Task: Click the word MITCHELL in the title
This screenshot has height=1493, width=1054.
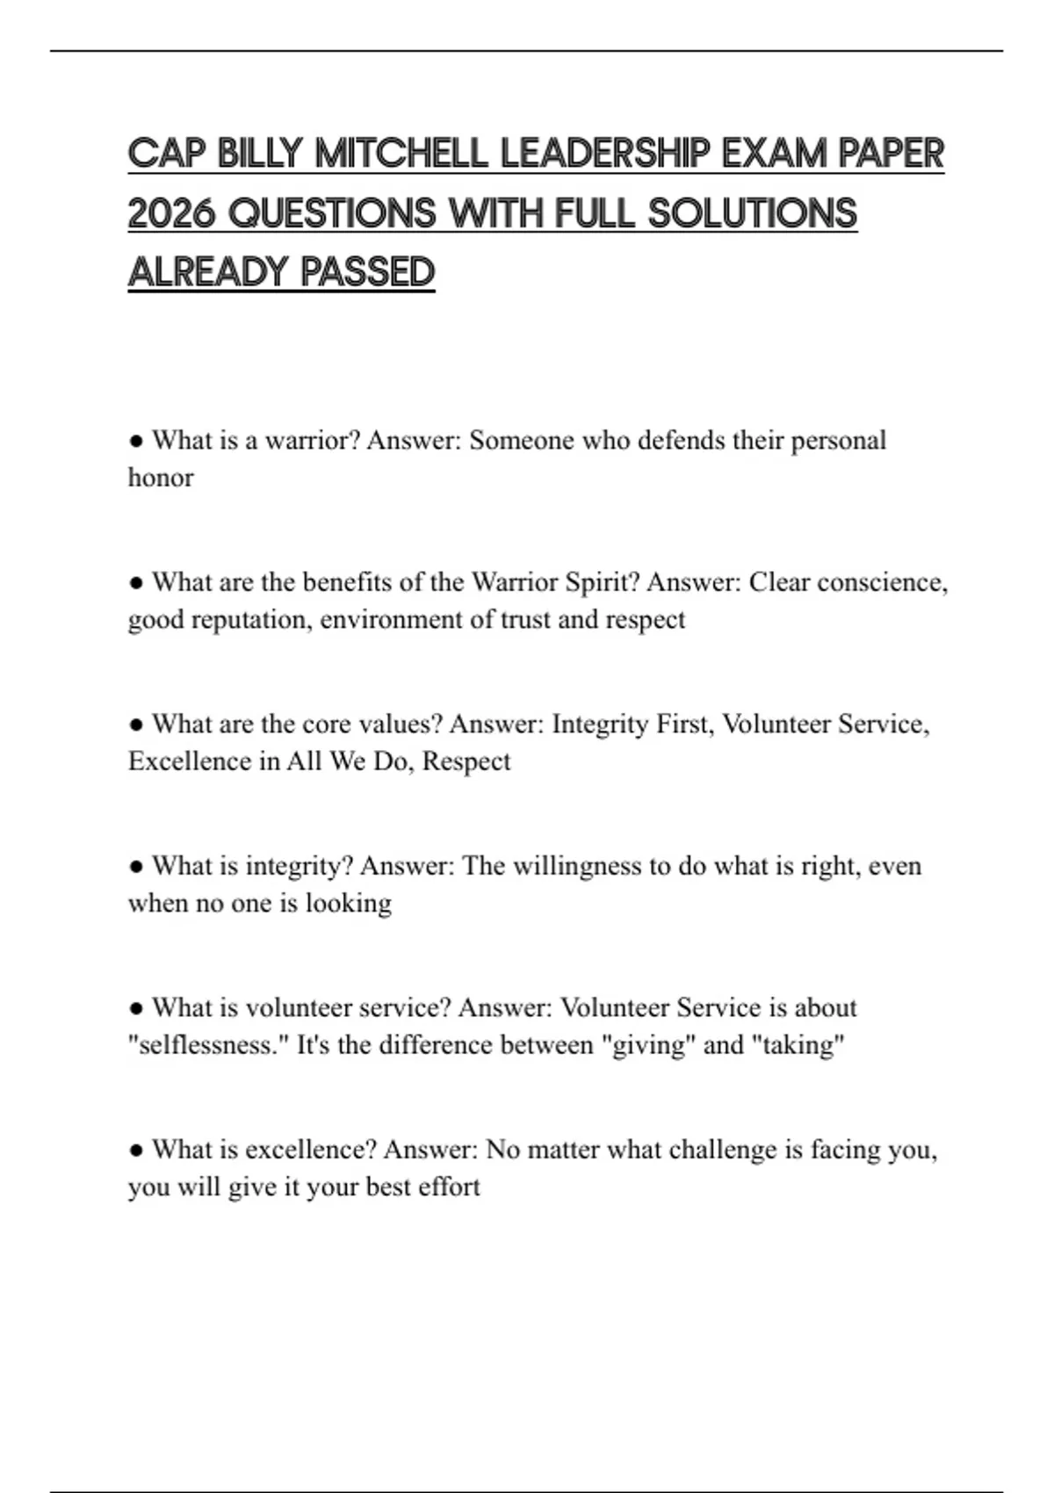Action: tap(401, 154)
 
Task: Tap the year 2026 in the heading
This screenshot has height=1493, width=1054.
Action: tap(171, 213)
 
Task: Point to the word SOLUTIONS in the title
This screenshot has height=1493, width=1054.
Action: tap(753, 213)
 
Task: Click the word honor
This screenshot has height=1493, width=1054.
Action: tap(161, 478)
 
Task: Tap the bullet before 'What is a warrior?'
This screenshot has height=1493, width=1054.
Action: tap(136, 440)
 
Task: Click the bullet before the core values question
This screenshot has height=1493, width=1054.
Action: tap(136, 725)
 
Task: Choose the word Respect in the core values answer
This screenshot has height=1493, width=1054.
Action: tap(466, 761)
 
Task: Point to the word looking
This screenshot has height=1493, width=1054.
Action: tap(348, 904)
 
